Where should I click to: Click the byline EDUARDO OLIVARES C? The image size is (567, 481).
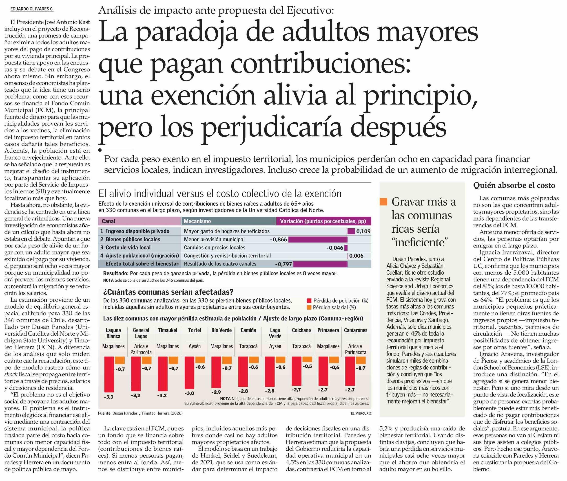32,9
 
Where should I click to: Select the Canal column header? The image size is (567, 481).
109,221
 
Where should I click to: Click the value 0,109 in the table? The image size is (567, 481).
363,232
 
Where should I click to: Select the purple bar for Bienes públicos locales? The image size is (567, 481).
318,239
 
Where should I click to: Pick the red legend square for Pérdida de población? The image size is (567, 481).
309,301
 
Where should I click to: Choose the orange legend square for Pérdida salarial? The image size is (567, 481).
309,307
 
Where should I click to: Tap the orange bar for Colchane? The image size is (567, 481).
307,359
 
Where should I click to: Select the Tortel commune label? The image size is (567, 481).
195,330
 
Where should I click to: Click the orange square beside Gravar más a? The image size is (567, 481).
383,202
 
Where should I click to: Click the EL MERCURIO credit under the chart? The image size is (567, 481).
361,413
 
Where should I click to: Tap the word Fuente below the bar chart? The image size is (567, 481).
104,413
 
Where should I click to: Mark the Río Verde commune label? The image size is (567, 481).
221,330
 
